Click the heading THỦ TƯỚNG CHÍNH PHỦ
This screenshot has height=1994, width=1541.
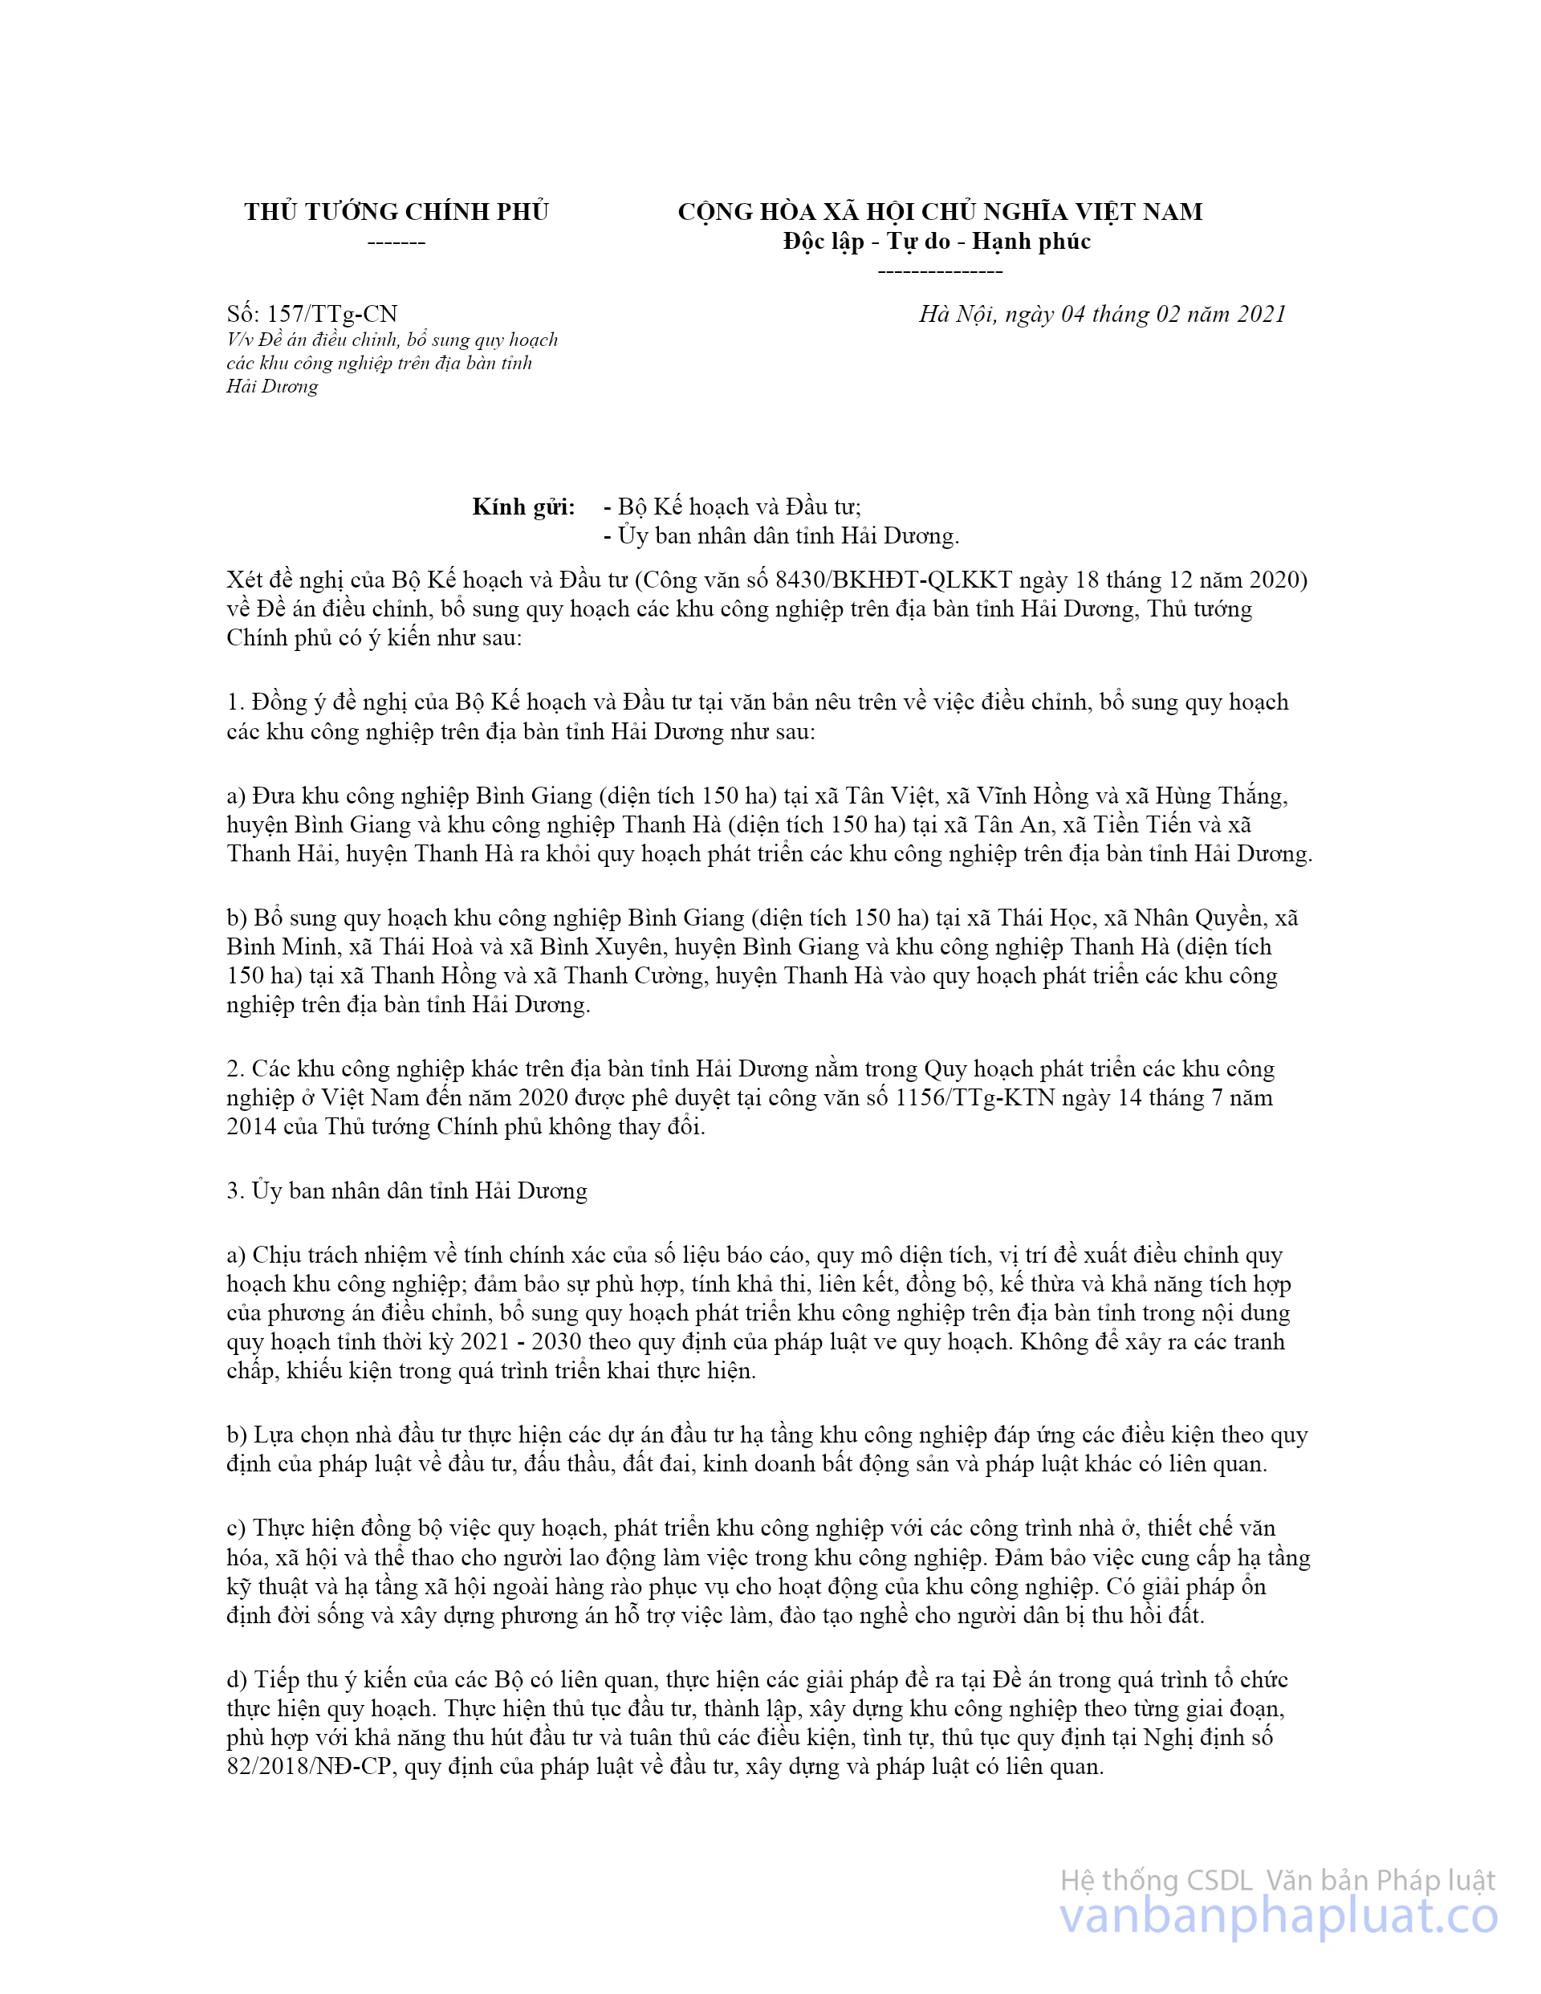click(396, 212)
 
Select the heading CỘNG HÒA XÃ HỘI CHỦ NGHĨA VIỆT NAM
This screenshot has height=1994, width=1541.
click(939, 212)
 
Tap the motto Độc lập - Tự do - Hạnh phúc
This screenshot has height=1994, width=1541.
click(937, 241)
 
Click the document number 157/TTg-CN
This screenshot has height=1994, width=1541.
click(332, 314)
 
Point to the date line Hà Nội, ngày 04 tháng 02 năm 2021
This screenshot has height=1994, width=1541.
click(1102, 314)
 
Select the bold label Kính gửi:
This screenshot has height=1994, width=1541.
click(523, 507)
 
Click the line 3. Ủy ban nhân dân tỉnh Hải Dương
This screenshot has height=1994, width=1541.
click(407, 1190)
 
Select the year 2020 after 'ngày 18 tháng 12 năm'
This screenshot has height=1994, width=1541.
click(1277, 580)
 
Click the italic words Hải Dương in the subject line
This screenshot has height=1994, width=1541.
click(272, 386)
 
